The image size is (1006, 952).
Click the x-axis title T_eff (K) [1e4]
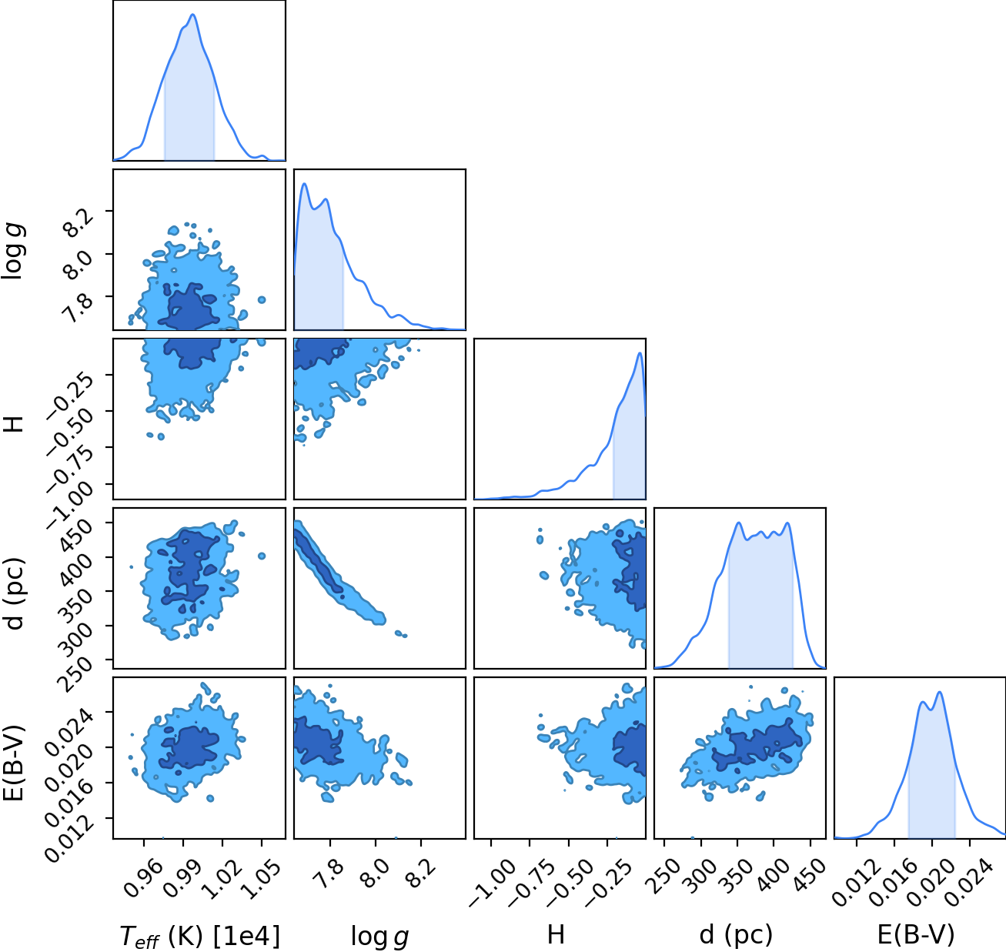point(200,936)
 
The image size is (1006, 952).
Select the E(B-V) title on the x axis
point(916,934)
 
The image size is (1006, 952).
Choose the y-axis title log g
point(15,252)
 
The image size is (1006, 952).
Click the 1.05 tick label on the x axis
point(261,880)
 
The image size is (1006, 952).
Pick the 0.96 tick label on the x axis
point(143,880)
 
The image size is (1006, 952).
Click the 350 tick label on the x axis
point(737,876)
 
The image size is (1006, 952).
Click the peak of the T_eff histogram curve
point(193,15)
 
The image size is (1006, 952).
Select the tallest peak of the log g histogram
point(304,183)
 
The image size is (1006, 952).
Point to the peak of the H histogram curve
point(640,352)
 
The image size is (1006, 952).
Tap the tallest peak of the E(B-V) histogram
point(940,692)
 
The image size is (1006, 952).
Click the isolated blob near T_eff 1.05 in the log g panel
point(262,300)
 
